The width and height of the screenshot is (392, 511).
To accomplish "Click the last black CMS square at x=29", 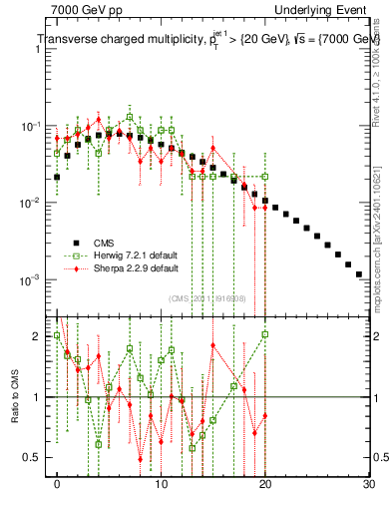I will point(359,272).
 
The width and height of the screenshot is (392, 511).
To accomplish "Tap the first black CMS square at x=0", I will point(57,177).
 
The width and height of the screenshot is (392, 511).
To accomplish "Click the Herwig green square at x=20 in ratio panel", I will point(265,334).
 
